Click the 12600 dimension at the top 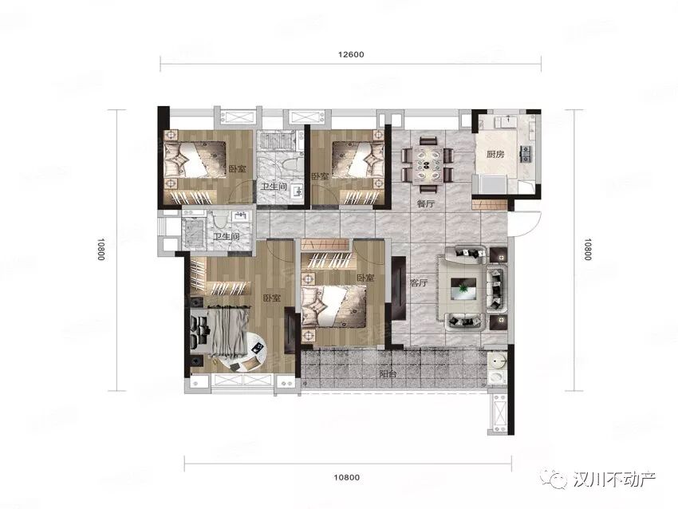pyautogui.click(x=351, y=55)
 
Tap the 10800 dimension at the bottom pyautogui.click(x=347, y=477)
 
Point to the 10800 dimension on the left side pyautogui.click(x=101, y=250)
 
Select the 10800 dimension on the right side pyautogui.click(x=587, y=250)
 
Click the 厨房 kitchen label pyautogui.click(x=495, y=154)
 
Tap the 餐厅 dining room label pyautogui.click(x=425, y=203)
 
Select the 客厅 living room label pyautogui.click(x=418, y=283)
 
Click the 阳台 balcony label pyautogui.click(x=388, y=374)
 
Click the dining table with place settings pyautogui.click(x=427, y=165)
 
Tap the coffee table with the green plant pyautogui.click(x=463, y=289)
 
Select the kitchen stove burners pyautogui.click(x=527, y=153)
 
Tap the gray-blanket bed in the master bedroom pyautogui.click(x=220, y=332)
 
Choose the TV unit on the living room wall pyautogui.click(x=398, y=288)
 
